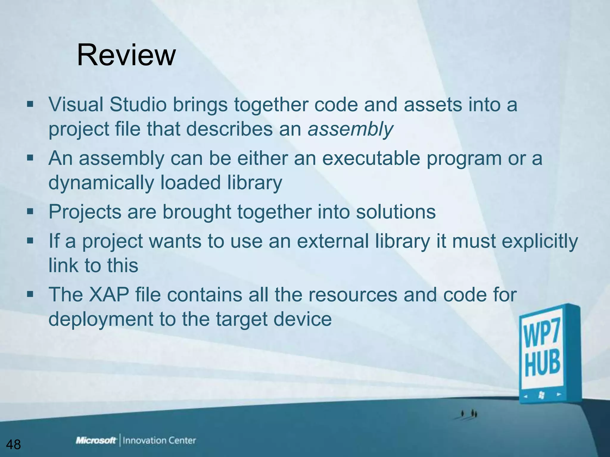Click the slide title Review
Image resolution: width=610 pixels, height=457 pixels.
point(126,55)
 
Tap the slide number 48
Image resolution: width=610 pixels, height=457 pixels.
point(13,445)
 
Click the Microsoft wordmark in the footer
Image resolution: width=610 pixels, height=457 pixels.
point(96,440)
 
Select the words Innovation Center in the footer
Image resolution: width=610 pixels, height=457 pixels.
point(159,440)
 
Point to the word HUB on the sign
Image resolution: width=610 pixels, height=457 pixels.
point(542,364)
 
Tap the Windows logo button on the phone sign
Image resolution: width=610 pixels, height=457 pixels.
point(541,395)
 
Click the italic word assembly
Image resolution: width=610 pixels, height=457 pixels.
point(350,129)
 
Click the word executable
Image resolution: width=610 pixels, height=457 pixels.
point(371,158)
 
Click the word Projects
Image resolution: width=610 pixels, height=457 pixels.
point(85,212)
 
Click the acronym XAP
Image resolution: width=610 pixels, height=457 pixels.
point(109,295)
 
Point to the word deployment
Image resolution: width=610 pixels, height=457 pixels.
point(101,319)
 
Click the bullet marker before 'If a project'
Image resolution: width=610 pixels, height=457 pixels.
point(30,241)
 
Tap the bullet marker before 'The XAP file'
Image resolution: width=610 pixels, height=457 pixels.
point(30,294)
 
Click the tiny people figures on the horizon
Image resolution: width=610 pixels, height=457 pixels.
point(469,414)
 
